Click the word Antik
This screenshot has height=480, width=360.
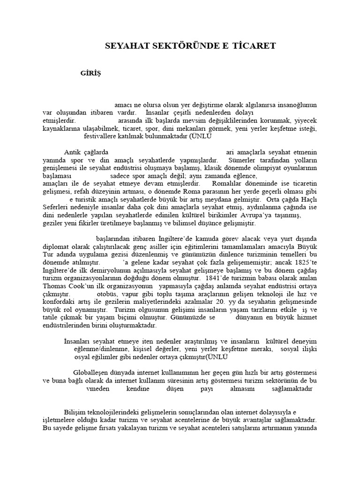point(72,152)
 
